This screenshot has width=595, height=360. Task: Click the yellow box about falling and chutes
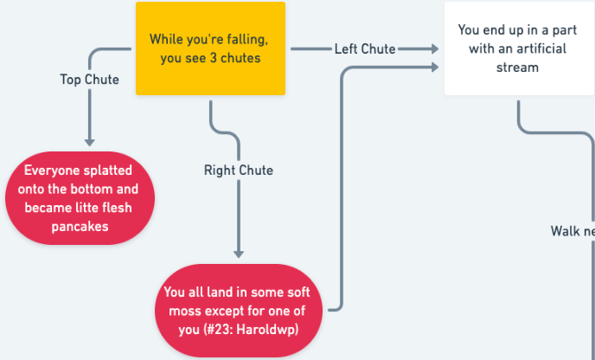point(210,48)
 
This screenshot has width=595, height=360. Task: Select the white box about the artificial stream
point(520,48)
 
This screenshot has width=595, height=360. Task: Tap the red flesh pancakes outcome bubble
point(80,198)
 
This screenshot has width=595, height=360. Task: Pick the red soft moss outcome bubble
point(239,311)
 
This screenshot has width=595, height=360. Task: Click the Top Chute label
point(90,80)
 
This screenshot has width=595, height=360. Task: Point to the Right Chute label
point(239,170)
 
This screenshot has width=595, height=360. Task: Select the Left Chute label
point(365,49)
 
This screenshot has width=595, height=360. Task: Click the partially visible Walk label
point(573,231)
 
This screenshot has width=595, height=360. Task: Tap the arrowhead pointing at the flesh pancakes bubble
point(90,143)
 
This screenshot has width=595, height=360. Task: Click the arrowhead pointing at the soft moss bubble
point(239,254)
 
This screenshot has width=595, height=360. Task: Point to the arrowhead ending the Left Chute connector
point(435,48)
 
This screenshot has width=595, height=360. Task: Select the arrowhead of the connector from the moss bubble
point(435,67)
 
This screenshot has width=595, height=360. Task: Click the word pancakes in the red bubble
point(80,227)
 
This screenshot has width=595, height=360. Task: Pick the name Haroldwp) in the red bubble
point(267,330)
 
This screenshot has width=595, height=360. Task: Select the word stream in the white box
point(517,67)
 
